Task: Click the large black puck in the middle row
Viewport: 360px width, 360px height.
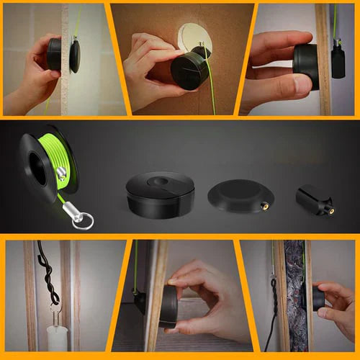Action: (x=160, y=194)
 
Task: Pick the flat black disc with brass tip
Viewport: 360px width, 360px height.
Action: (x=240, y=196)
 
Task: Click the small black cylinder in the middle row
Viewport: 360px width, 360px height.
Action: (x=314, y=199)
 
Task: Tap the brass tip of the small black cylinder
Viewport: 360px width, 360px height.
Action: (x=330, y=211)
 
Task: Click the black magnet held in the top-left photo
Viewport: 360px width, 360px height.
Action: (x=54, y=54)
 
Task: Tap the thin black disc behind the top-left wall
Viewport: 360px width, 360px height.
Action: (x=75, y=56)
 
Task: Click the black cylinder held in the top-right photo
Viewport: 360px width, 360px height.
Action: (x=305, y=67)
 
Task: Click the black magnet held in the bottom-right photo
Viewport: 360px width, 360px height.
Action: (x=318, y=297)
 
